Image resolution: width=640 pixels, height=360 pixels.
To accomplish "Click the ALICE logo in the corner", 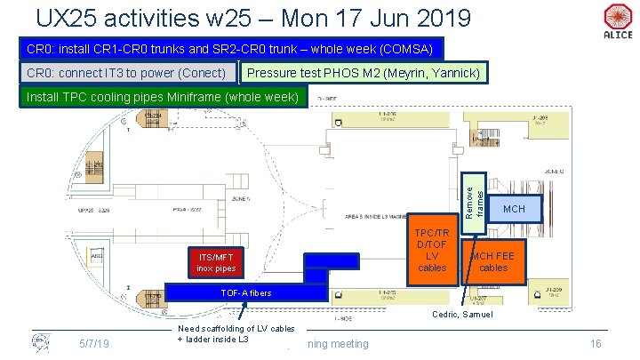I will [x=617, y=20].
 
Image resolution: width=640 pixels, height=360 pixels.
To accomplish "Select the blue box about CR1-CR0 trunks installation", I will [x=230, y=49].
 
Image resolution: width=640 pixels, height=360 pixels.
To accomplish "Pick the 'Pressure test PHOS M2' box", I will [x=364, y=72].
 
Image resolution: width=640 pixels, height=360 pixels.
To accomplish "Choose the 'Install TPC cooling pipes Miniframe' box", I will [x=164, y=96].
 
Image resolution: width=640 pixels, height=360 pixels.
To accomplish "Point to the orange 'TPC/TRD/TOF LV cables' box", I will [x=432, y=250].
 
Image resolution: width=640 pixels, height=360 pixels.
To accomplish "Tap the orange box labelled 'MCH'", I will [x=514, y=208].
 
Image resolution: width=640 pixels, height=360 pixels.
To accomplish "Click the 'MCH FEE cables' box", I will [x=492, y=261].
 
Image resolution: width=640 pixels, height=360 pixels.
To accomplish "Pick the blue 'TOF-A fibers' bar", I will [x=246, y=292].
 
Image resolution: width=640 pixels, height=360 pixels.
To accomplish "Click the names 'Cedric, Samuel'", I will [x=463, y=316].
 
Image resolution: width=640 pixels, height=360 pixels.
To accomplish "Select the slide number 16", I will [x=596, y=344].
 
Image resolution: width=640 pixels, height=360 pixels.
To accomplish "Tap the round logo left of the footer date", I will [x=40, y=343].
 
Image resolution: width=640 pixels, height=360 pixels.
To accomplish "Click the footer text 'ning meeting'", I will [x=338, y=344].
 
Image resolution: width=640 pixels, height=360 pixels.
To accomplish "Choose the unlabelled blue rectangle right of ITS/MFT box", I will [x=332, y=260].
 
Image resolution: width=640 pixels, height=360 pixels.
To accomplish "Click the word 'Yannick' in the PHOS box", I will [x=452, y=72].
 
